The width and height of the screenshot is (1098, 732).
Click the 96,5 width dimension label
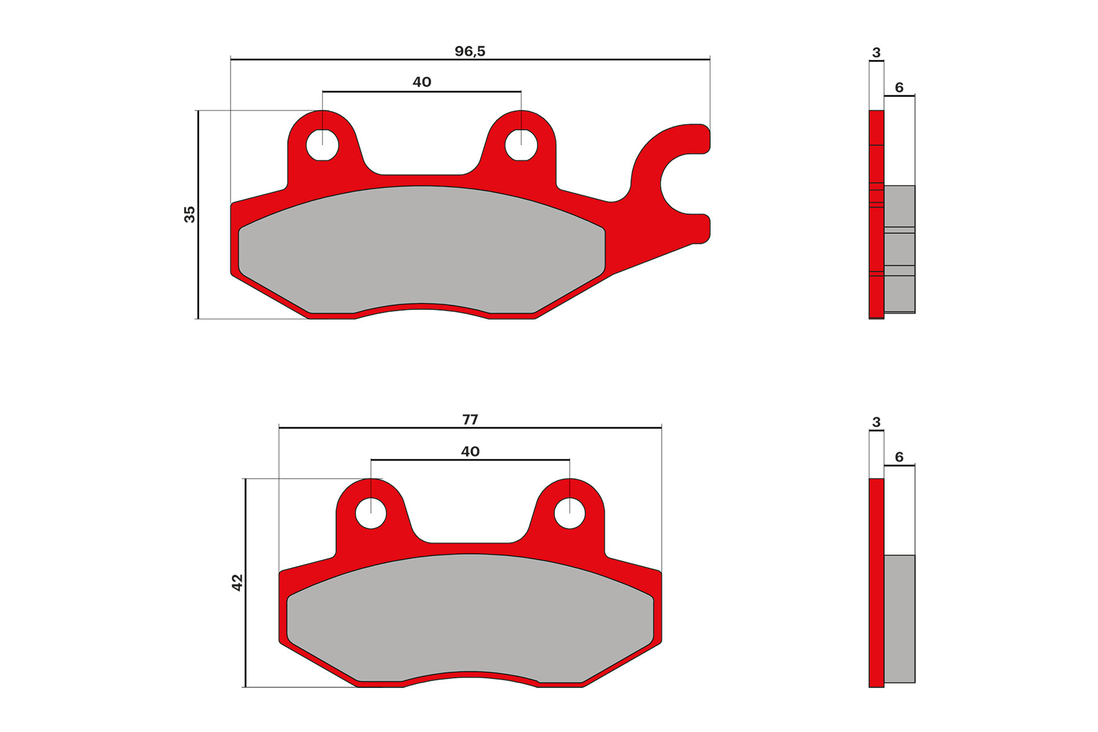coord(470,51)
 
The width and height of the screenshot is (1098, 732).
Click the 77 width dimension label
coord(470,420)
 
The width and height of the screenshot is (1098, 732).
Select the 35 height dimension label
coord(190,214)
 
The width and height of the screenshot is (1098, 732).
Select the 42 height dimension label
coord(237,582)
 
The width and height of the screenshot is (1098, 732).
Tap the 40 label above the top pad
coord(421,82)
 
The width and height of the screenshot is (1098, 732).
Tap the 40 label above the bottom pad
coord(470,451)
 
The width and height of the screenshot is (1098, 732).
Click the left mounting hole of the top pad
coord(322,146)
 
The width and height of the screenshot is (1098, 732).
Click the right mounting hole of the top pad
coord(520,146)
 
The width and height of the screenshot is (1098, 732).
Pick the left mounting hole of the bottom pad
coord(371,513)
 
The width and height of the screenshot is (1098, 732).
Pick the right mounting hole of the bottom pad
coord(569,513)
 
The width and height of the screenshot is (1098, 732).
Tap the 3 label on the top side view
coord(876,53)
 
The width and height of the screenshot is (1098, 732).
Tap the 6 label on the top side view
coord(899,87)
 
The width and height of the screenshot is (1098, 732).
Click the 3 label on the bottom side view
coord(876,422)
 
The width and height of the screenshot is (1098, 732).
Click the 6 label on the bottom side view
coord(899,457)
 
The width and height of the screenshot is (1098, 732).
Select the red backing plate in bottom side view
coord(876,582)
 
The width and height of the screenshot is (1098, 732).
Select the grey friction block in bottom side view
coord(899,619)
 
